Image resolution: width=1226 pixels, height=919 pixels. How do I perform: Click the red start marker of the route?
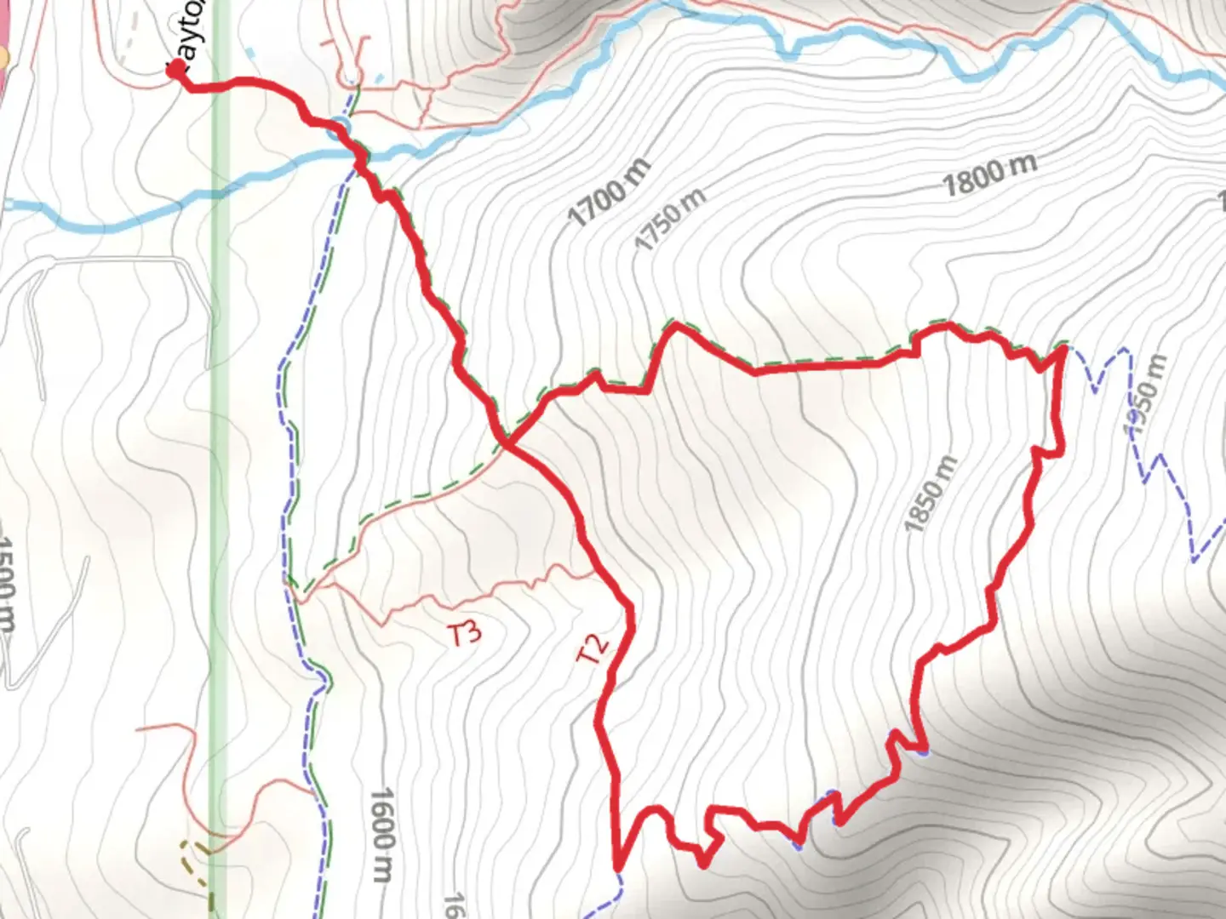(x=175, y=71)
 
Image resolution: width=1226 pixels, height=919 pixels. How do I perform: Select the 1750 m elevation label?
(x=671, y=219)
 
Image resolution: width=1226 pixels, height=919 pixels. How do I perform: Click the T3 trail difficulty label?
(x=465, y=633)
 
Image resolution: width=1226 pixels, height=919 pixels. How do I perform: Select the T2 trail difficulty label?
(x=593, y=648)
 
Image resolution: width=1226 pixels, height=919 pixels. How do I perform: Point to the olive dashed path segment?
(x=196, y=859)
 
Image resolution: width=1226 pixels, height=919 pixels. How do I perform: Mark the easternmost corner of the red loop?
(x=1063, y=347)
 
